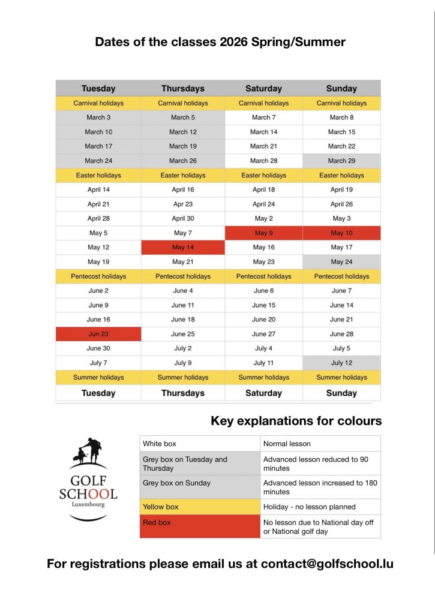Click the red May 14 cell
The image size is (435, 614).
[x=183, y=247]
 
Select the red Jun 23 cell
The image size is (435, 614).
[x=98, y=334]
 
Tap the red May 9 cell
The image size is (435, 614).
[x=264, y=233]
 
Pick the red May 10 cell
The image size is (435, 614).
[x=341, y=233]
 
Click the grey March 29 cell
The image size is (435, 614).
[x=341, y=161]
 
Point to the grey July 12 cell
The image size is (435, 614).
[x=341, y=363]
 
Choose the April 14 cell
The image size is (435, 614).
[x=98, y=189]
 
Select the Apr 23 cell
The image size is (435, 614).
[x=183, y=204]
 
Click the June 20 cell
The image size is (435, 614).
[x=264, y=320]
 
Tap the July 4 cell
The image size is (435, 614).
[x=264, y=348]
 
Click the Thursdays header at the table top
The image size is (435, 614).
[x=183, y=88]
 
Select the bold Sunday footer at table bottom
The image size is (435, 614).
[x=341, y=393]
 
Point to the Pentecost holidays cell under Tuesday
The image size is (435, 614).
[x=98, y=276]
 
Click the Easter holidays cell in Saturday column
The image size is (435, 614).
[x=264, y=175]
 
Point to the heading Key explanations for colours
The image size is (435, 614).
[x=296, y=421]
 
